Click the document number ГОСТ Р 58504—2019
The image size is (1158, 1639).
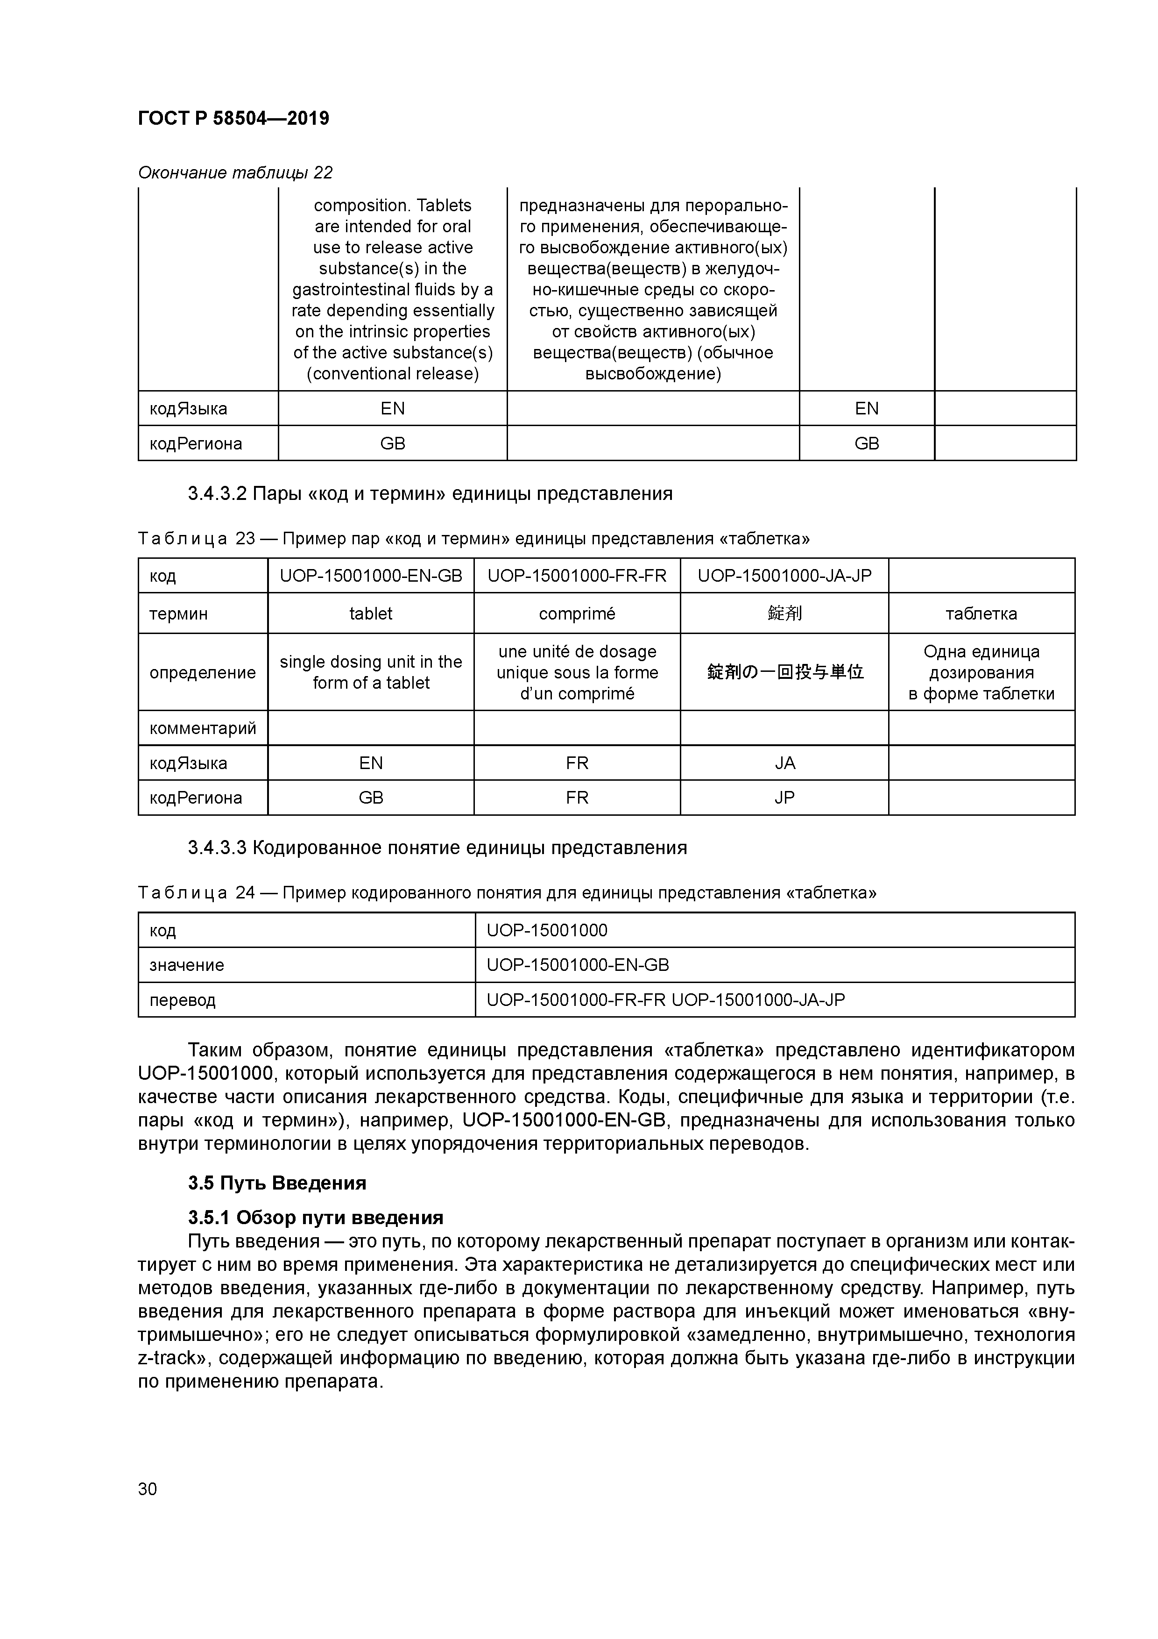(x=233, y=119)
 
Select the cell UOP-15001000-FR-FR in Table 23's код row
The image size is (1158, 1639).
(x=577, y=576)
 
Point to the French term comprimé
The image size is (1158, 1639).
(x=577, y=614)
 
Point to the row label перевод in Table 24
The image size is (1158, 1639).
(x=182, y=1000)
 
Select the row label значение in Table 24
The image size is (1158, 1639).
(x=186, y=965)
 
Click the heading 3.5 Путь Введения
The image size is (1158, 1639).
(x=277, y=1183)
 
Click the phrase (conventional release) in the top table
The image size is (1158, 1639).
(x=392, y=374)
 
